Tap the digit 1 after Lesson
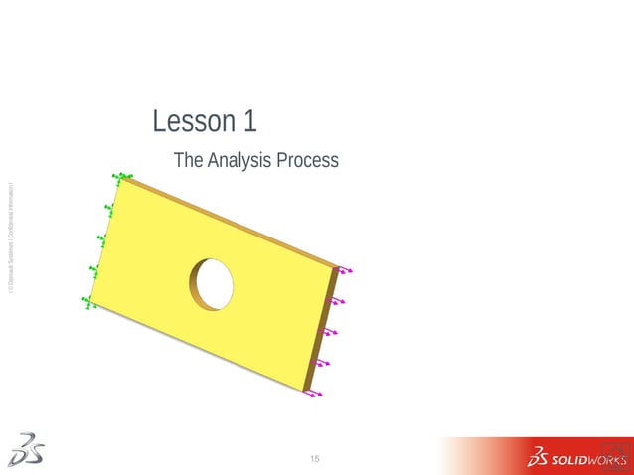click(x=249, y=122)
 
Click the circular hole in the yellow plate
click(x=214, y=283)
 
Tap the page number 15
click(x=315, y=458)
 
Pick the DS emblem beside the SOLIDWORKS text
click(x=539, y=458)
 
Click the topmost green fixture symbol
click(x=122, y=177)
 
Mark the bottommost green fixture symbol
click(x=88, y=302)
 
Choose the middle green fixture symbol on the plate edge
click(x=102, y=239)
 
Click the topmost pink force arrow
click(x=344, y=269)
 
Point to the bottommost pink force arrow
click(x=314, y=394)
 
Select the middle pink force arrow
click(x=330, y=332)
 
